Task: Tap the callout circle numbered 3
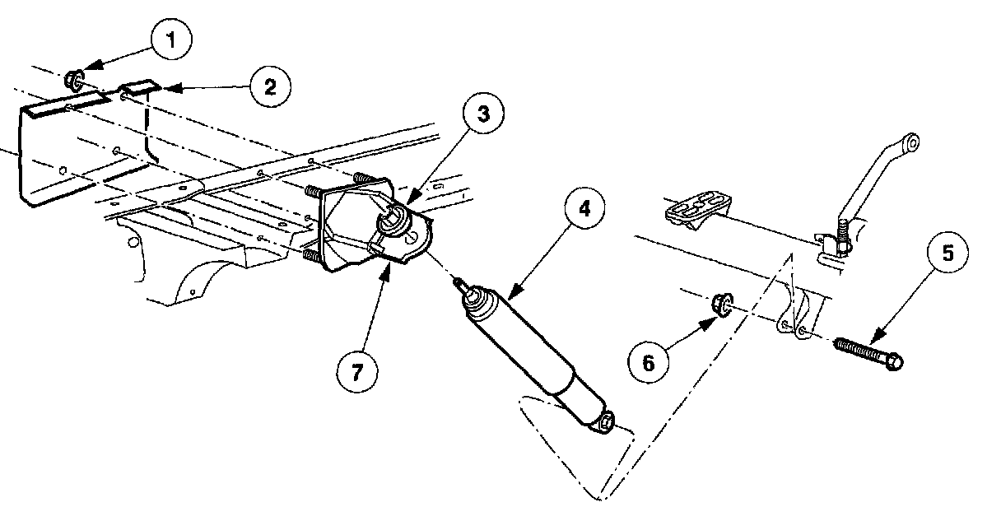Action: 483,114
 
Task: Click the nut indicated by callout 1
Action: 73,81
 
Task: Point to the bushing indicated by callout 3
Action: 393,221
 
